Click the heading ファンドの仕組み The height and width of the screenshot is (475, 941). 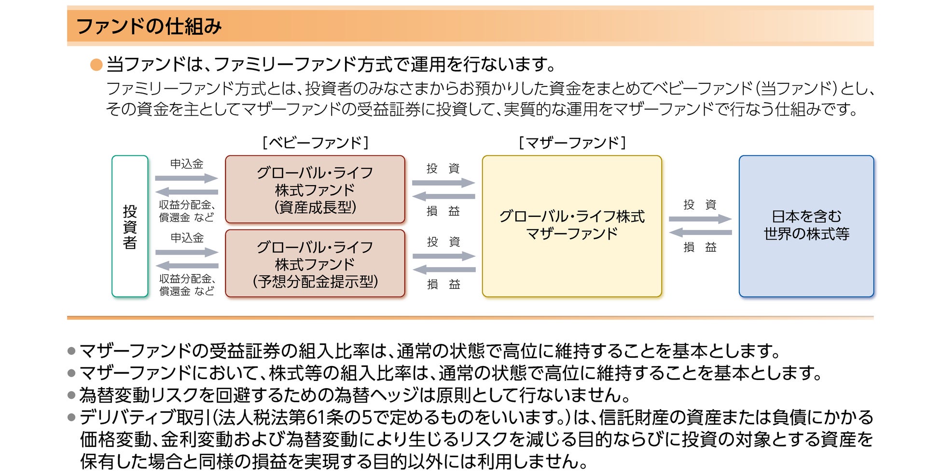click(x=149, y=26)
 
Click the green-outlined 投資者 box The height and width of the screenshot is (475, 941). click(x=130, y=226)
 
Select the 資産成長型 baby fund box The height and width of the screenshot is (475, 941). click(x=315, y=190)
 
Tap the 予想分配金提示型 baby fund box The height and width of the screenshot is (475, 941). click(x=315, y=263)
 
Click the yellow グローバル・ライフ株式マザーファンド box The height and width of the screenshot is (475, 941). click(x=572, y=226)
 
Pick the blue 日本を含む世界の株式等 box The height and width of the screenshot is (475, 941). click(x=806, y=226)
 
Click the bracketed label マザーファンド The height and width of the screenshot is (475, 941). click(x=572, y=143)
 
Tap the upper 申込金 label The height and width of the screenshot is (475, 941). click(x=187, y=164)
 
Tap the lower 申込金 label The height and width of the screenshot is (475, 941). click(x=187, y=238)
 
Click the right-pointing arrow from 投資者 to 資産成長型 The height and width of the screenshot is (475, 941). click(x=187, y=178)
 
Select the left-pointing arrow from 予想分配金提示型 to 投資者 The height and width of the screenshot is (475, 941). click(x=187, y=265)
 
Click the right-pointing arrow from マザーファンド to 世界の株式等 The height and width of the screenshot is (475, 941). click(x=700, y=219)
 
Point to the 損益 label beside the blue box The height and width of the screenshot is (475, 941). click(x=700, y=247)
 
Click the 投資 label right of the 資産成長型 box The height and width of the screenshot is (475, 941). click(x=443, y=168)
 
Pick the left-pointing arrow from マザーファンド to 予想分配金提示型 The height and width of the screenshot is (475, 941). click(x=444, y=270)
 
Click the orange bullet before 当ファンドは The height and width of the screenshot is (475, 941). click(x=97, y=65)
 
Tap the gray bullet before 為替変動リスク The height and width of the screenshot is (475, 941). click(x=72, y=395)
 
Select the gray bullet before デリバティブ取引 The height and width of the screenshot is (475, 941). click(x=72, y=418)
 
